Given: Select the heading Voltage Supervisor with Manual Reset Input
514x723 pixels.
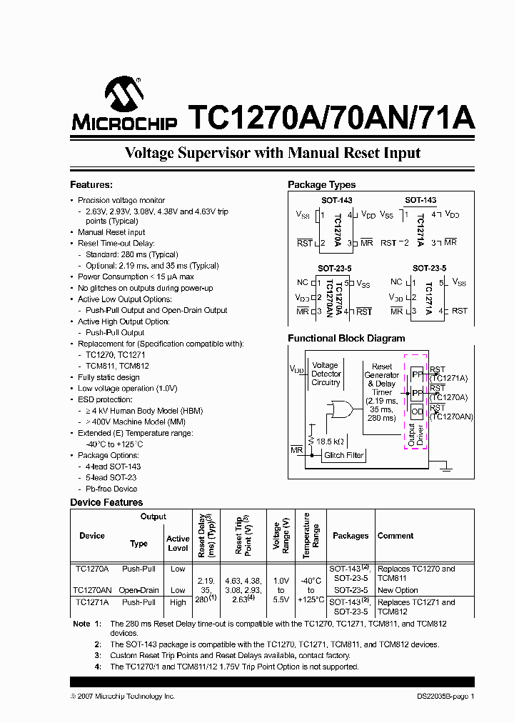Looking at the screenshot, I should point(272,153).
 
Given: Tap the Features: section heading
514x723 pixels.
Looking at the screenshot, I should point(91,185).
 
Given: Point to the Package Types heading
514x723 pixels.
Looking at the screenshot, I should point(322,185).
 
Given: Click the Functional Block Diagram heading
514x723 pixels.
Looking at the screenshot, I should point(346,339).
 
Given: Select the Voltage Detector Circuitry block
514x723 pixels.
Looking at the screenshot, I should point(326,374).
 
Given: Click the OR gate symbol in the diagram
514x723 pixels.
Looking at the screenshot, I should point(338,409).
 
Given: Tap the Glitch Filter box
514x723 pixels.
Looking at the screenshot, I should point(344,455).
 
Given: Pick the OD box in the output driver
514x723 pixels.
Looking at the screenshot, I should point(417,412).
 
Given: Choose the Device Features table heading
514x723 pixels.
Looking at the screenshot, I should point(106,502).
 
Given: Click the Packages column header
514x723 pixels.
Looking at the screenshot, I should point(351,536).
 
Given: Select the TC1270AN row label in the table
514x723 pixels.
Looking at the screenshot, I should point(93,591).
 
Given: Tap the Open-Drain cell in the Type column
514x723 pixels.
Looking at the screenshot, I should point(138,591).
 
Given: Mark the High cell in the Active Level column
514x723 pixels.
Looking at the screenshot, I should point(178,602).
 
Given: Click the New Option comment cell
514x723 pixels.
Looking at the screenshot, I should point(398,591).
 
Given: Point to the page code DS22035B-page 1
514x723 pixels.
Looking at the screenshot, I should point(445,696).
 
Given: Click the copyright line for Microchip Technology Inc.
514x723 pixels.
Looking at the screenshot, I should point(122,696).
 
